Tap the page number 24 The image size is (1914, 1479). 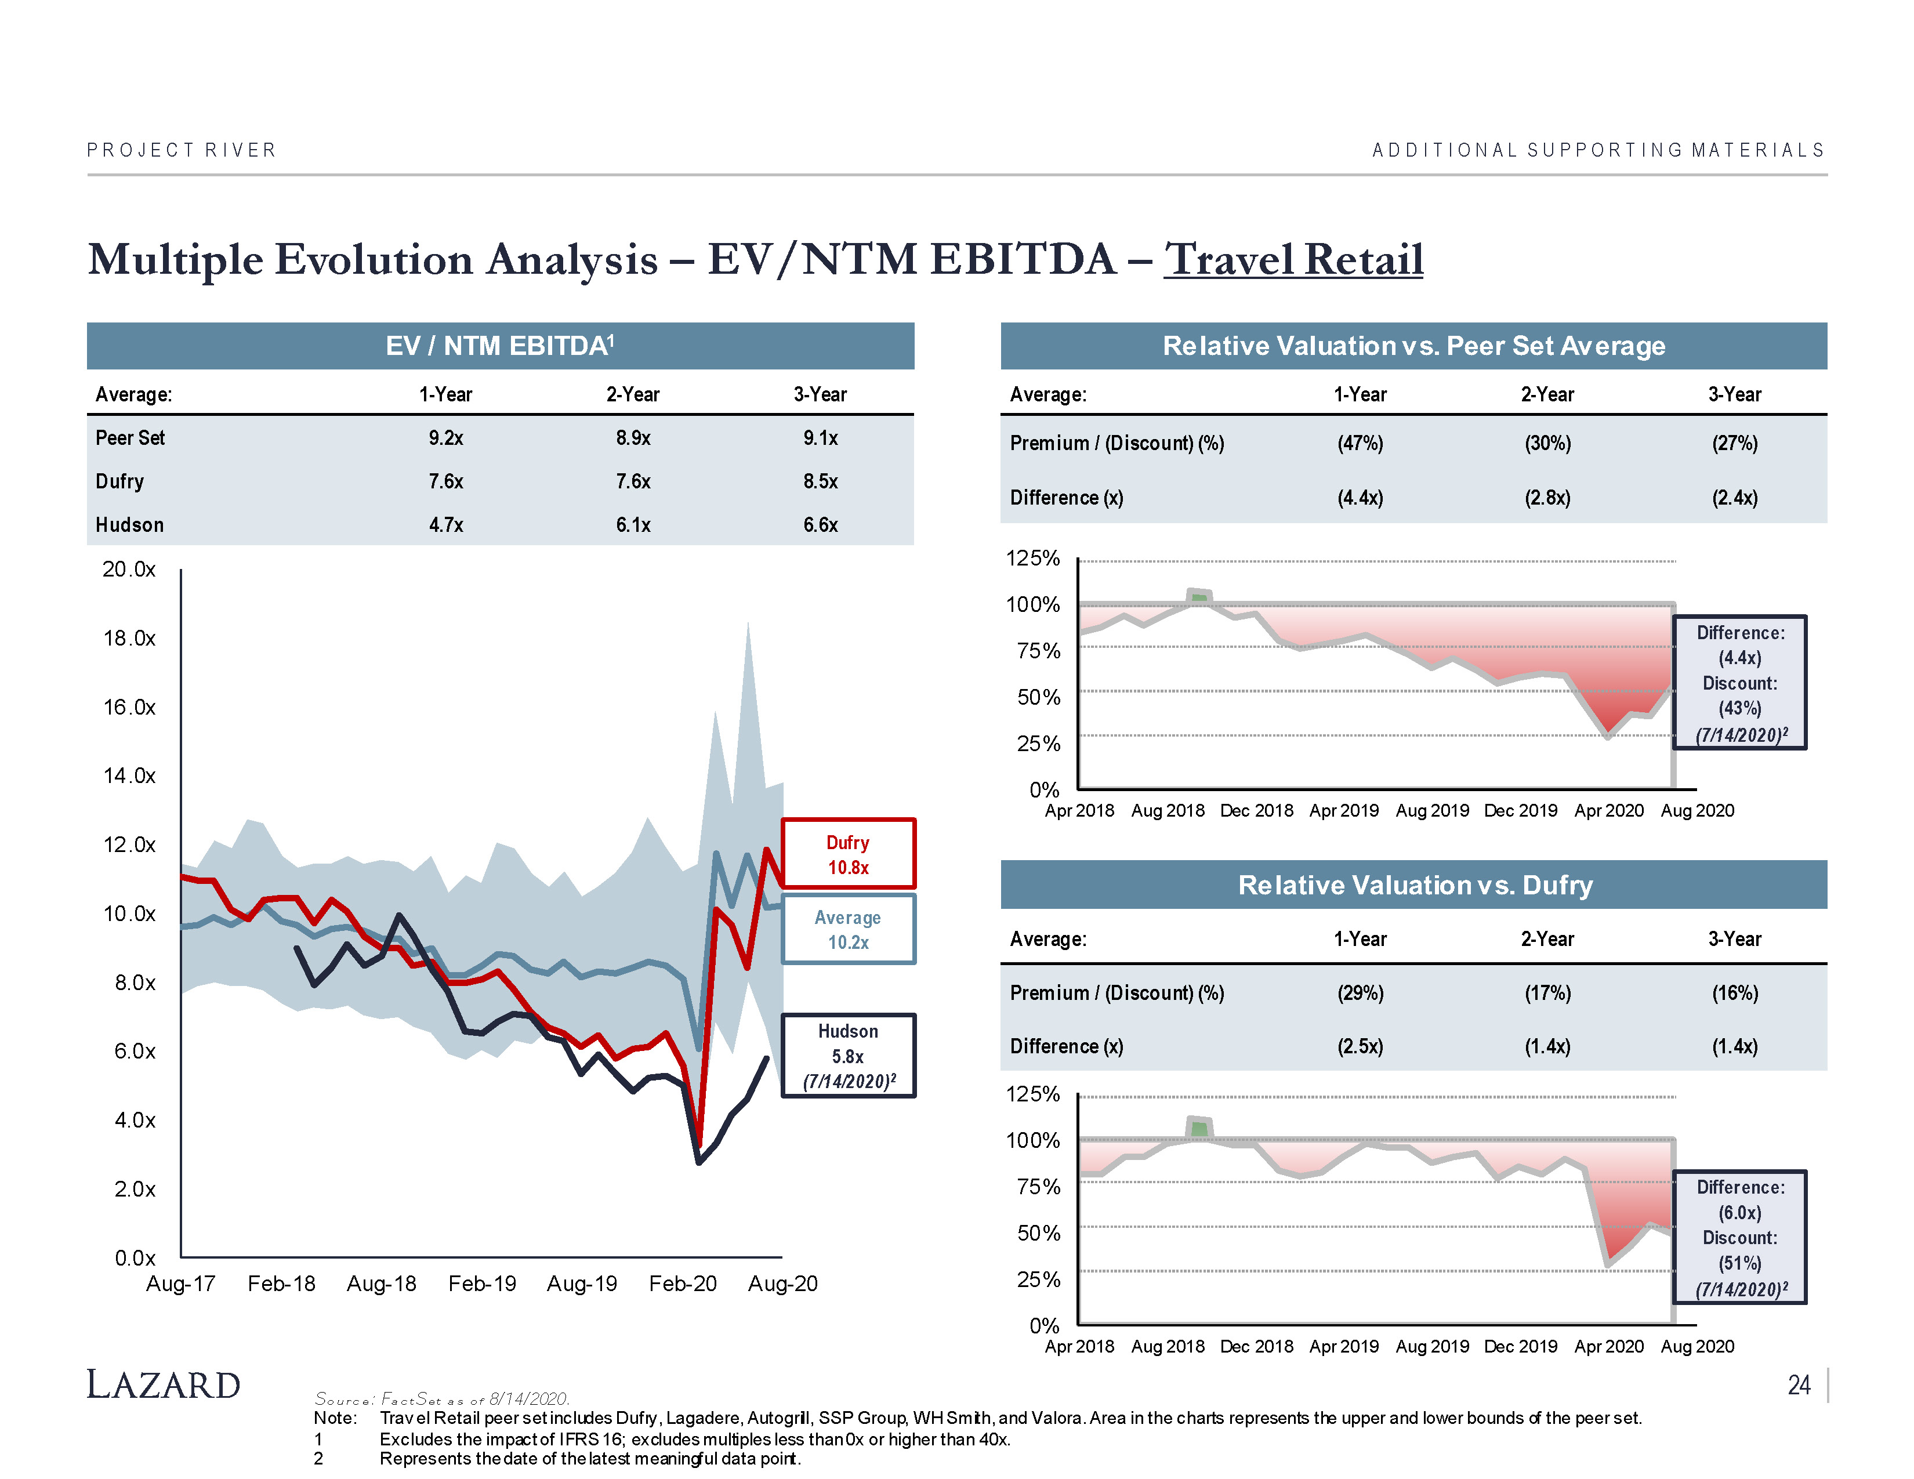1799,1385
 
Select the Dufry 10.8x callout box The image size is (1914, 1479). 847,854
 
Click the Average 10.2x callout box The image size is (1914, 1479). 847,930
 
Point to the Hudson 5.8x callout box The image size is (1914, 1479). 847,1056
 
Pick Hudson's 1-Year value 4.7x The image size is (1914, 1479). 446,525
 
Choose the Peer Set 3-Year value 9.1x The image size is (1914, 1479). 820,438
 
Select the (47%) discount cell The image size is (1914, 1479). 1360,443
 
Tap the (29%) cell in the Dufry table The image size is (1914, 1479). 1360,993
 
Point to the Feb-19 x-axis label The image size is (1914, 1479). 482,1284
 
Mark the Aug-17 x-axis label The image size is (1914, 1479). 180,1284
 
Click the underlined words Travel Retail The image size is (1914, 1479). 1293,260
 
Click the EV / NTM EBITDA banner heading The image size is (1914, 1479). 499,346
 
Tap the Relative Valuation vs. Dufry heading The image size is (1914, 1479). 1415,885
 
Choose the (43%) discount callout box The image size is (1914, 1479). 1739,683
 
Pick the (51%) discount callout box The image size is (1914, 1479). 1739,1237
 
